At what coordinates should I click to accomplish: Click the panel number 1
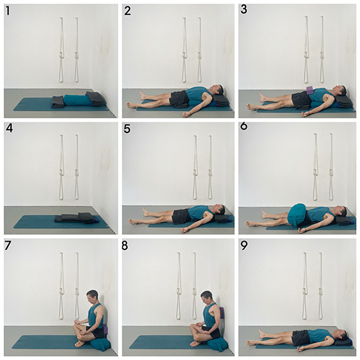pos(8,11)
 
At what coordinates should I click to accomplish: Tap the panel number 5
pos(127,129)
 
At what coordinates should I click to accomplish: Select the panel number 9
pos(244,246)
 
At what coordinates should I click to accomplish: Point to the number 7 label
pos(8,246)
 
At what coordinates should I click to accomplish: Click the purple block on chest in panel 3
pos(310,90)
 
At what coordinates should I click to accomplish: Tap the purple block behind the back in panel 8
pos(222,312)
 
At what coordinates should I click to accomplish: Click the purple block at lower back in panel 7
pos(105,329)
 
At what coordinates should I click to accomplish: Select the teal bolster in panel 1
pos(75,100)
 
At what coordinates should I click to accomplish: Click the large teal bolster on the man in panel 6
pos(298,215)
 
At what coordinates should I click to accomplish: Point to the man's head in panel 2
pos(218,89)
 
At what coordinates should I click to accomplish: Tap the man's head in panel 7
pos(92,296)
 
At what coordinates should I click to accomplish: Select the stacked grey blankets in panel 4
pos(77,218)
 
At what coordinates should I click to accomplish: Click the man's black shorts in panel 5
pos(181,216)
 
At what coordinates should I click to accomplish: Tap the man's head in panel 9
pos(341,334)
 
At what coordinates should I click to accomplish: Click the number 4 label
pos(9,129)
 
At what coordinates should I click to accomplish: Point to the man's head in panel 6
pos(341,211)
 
